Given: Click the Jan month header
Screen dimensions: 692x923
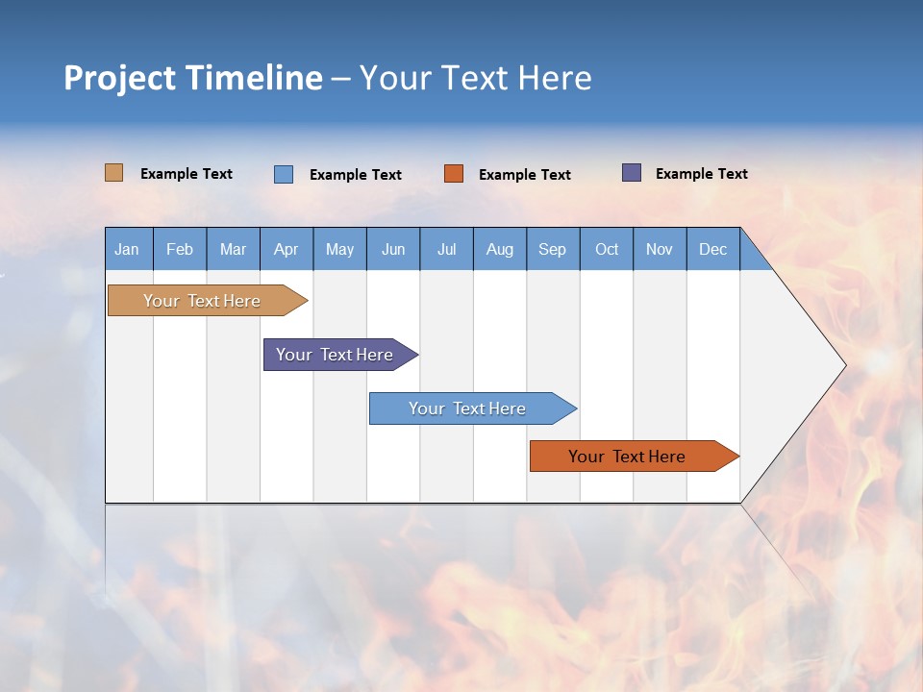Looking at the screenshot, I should (x=128, y=249).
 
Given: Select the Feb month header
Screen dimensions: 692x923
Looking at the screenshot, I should (x=180, y=249).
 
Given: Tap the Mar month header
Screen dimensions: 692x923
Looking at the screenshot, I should (x=233, y=249).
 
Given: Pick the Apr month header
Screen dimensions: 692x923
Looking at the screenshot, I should (x=287, y=249).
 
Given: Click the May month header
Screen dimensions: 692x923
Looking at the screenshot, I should (x=339, y=249).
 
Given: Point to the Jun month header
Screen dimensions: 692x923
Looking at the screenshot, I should (x=393, y=249).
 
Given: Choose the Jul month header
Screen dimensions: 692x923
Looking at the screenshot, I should (x=446, y=249).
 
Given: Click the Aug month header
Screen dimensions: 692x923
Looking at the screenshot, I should (x=500, y=249).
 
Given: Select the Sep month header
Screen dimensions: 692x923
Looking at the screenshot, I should (x=553, y=249).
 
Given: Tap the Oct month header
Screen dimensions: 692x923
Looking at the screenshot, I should (x=607, y=249).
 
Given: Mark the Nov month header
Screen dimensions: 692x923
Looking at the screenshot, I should (x=660, y=249).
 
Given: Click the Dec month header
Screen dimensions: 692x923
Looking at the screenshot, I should (x=713, y=249).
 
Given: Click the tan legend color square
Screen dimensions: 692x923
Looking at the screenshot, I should (x=114, y=173).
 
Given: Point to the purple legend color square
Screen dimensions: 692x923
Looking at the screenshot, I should (x=632, y=173).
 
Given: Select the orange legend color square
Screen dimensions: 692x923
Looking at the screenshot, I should (x=454, y=173).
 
